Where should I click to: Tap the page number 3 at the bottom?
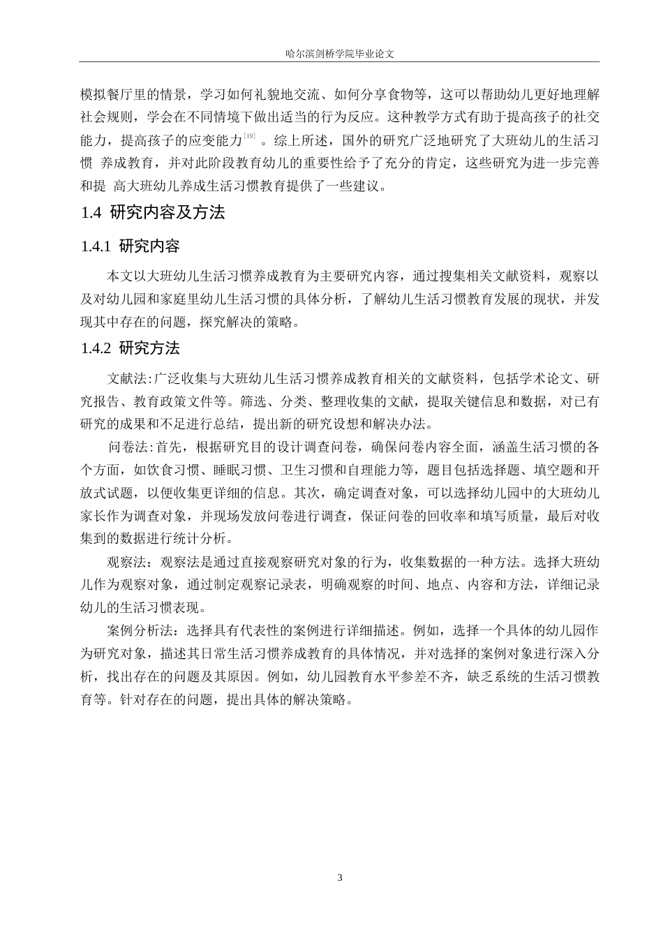click(x=340, y=877)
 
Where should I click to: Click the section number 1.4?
click(x=91, y=214)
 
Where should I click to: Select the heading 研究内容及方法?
click(x=167, y=214)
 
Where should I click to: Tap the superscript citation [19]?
click(x=249, y=135)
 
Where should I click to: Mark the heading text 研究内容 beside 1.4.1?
click(x=149, y=246)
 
